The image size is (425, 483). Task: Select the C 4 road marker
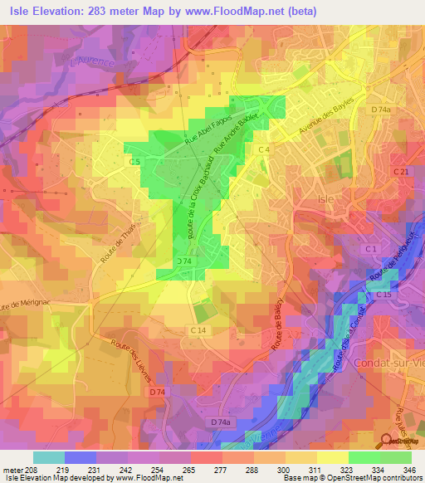264,149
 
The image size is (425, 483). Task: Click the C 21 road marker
401,172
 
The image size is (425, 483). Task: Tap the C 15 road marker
383,295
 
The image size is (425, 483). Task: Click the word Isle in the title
24,10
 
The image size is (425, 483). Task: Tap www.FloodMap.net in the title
247,10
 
